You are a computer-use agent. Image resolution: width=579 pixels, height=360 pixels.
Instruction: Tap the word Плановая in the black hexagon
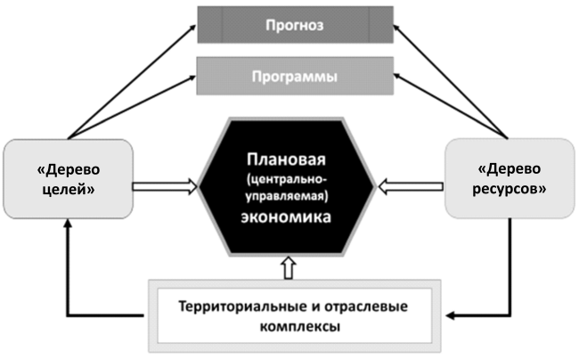click(x=287, y=160)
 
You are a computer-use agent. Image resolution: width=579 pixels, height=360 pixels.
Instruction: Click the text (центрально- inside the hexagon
click(x=287, y=178)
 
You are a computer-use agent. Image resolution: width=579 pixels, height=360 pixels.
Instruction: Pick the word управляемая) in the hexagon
click(x=287, y=194)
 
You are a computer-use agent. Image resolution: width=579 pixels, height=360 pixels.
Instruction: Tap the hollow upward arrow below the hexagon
click(x=287, y=266)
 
